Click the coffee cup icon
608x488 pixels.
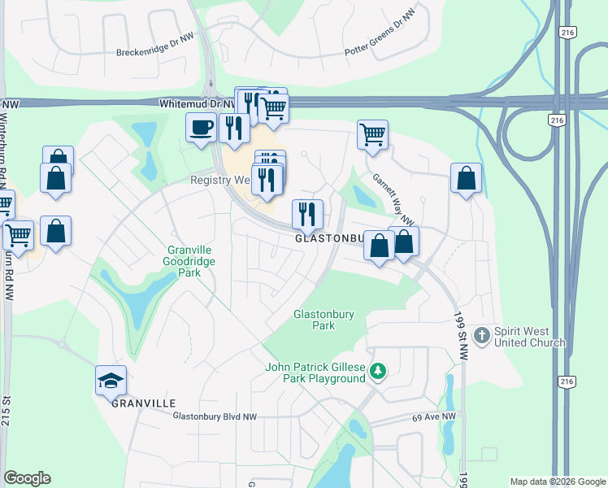point(201,128)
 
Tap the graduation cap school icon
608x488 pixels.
point(111,380)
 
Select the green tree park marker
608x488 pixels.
point(377,372)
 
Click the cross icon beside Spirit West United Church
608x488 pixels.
point(481,335)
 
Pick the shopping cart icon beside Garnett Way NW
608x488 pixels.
point(372,135)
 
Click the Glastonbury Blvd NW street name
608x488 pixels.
point(215,416)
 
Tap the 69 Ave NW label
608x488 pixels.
point(439,416)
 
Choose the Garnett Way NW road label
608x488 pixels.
point(393,199)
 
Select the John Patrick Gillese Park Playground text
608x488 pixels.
point(315,373)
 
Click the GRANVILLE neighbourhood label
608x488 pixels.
point(144,403)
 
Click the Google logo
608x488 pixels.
point(27,478)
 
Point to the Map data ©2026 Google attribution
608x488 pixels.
point(557,481)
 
